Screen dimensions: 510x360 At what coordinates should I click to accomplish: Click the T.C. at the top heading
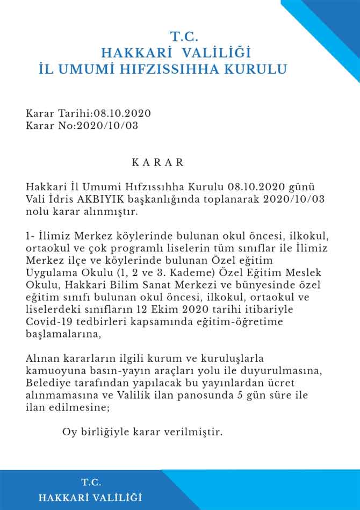(185, 37)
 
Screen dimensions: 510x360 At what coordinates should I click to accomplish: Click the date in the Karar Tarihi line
(123, 113)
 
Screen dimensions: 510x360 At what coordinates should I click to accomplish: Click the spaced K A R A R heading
(158, 162)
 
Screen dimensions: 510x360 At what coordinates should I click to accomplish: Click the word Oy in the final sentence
(69, 432)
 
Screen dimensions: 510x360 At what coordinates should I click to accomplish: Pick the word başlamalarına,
(63, 334)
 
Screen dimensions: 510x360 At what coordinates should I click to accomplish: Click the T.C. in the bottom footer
(91, 482)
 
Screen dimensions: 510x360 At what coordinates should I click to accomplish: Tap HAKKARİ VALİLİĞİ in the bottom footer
(90, 498)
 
